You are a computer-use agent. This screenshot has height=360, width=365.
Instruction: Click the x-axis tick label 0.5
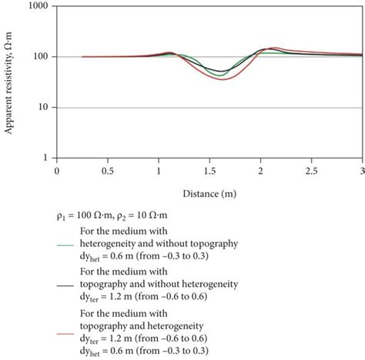(107, 172)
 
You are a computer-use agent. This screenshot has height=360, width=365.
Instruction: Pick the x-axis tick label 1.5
(209, 172)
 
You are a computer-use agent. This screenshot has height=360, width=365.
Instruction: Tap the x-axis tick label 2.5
(312, 172)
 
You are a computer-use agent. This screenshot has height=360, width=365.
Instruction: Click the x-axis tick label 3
(362, 172)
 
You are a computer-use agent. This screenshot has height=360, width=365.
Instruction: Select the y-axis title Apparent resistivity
(9, 82)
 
